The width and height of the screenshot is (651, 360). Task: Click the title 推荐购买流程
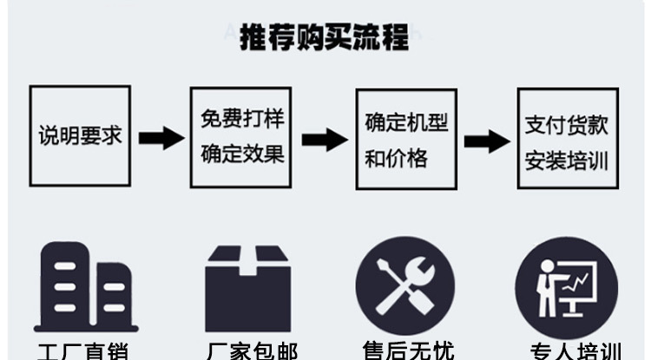point(324,39)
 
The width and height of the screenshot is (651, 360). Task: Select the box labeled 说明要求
point(80,136)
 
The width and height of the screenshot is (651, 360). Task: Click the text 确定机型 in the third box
point(406,121)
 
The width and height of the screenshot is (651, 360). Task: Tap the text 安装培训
point(567,161)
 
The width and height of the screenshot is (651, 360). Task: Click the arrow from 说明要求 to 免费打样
point(161,137)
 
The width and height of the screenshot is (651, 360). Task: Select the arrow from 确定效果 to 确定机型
point(324,139)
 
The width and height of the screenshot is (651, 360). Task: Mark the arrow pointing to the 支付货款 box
point(486,140)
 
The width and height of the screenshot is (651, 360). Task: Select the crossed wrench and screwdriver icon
point(405,285)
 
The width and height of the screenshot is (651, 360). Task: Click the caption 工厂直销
point(83,350)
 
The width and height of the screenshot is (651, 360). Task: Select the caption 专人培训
point(575,350)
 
